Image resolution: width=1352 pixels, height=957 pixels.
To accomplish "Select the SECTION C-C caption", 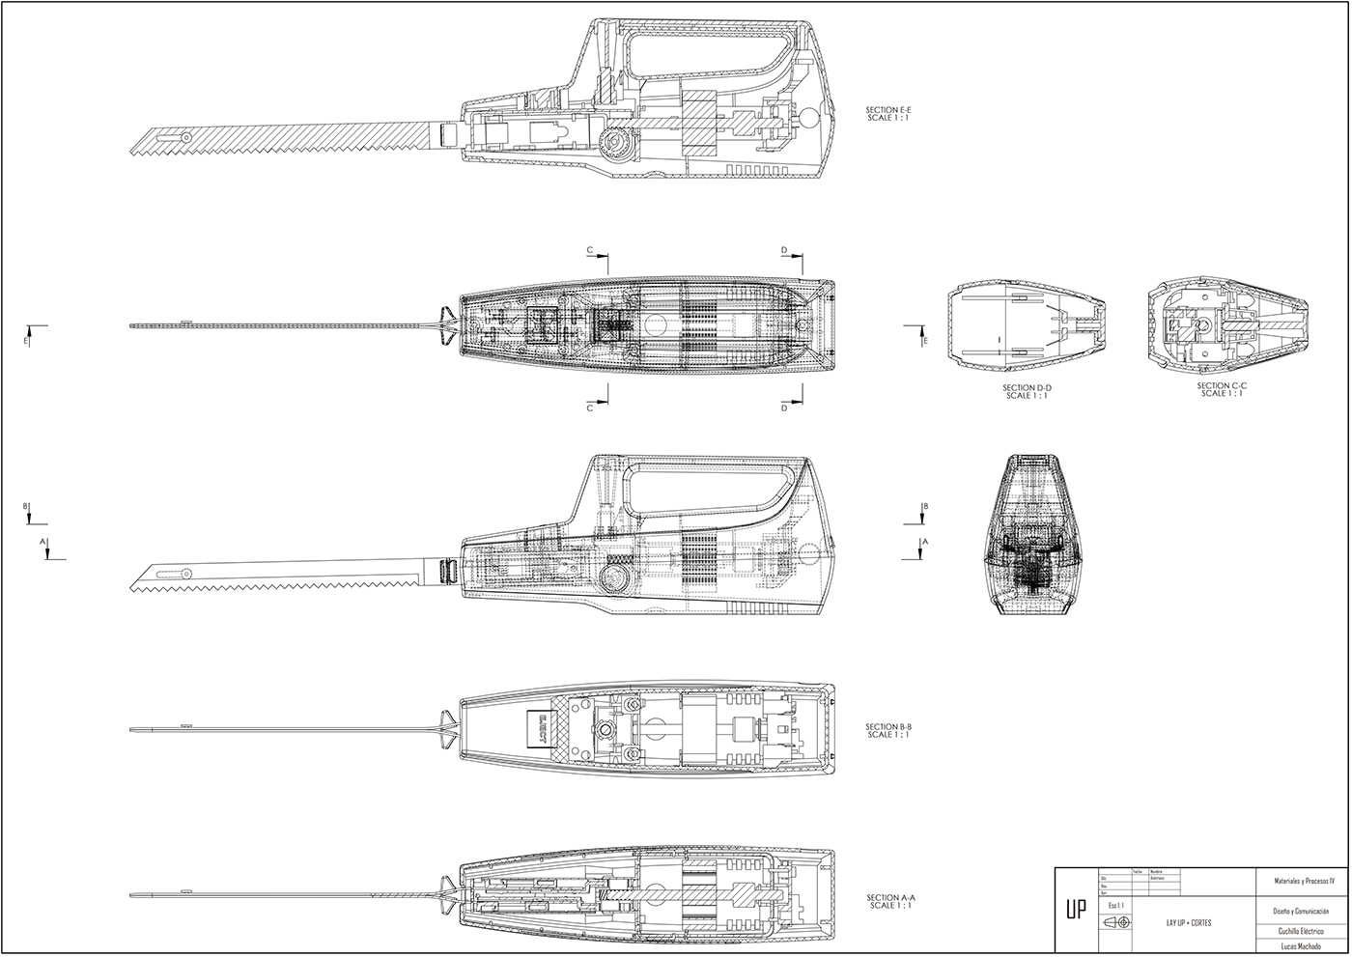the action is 1222,388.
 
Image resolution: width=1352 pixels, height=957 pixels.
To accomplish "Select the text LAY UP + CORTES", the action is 1189,922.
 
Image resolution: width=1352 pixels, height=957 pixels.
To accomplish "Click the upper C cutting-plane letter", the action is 589,250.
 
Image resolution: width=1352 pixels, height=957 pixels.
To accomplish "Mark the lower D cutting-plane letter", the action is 784,408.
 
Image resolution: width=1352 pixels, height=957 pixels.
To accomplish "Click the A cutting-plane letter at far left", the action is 43,542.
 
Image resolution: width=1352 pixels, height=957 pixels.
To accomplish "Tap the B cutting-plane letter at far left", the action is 26,506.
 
